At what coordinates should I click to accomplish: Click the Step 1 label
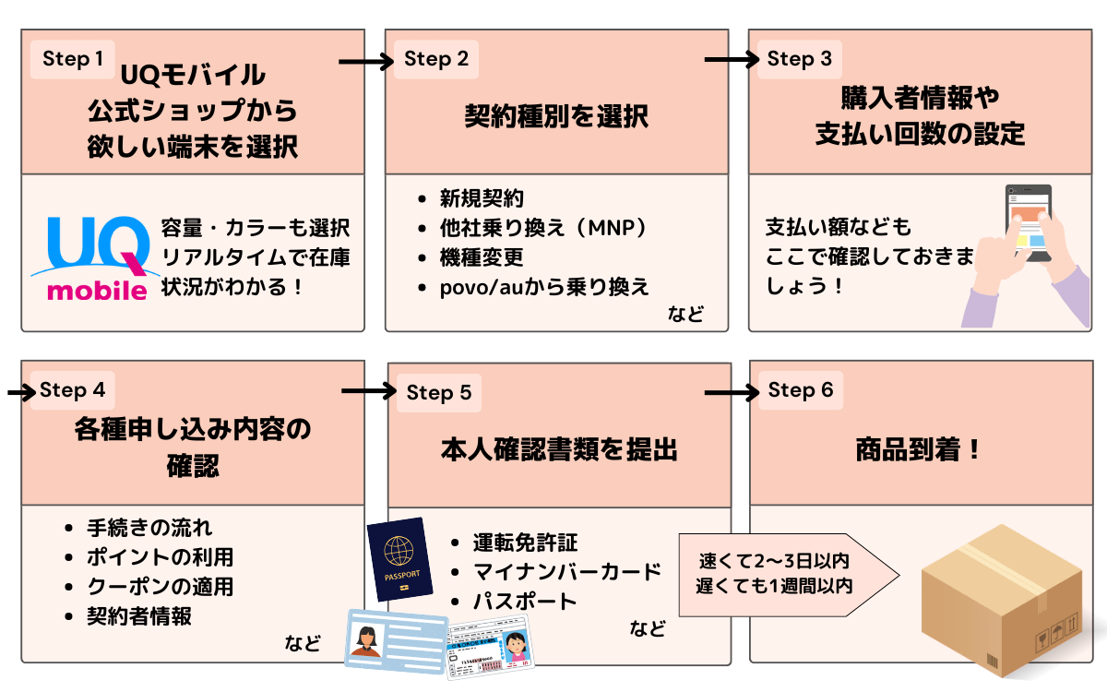73,59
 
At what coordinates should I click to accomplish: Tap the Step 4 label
73,390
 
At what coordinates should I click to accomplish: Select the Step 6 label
800,390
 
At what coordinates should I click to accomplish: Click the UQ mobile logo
89,258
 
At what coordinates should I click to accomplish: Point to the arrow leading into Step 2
366,62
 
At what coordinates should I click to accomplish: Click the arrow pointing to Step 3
732,61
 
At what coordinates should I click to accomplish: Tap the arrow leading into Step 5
368,392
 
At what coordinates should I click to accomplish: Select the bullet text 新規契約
482,198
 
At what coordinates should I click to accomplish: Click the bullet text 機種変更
482,257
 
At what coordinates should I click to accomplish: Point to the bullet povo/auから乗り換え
544,287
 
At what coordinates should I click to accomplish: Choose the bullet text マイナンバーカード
567,572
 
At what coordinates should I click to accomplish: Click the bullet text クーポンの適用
160,587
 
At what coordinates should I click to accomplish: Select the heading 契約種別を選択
556,117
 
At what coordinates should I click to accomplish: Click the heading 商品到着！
918,450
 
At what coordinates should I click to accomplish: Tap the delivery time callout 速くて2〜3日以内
773,561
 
